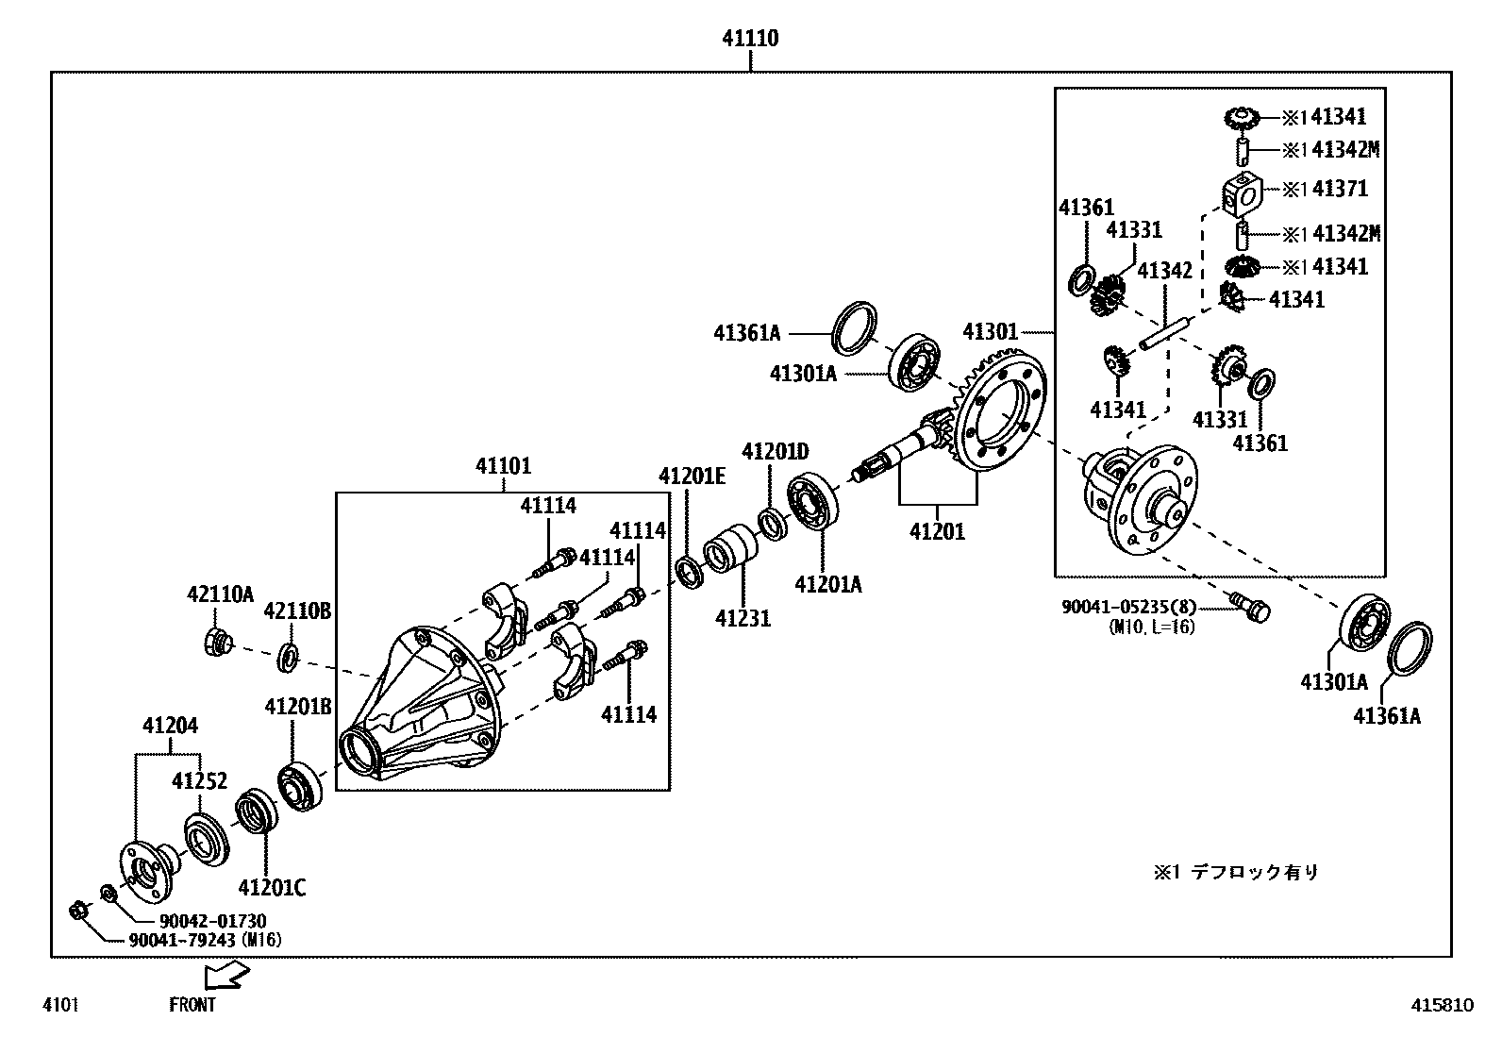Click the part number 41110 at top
click(750, 39)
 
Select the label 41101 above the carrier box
click(503, 466)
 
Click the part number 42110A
click(220, 594)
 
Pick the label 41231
click(743, 619)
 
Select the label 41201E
click(692, 476)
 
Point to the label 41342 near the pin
click(1164, 271)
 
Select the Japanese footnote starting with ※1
click(1236, 872)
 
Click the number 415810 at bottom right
click(1442, 1005)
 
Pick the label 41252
click(199, 781)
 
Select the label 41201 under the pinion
click(937, 531)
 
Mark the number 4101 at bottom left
click(59, 1005)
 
